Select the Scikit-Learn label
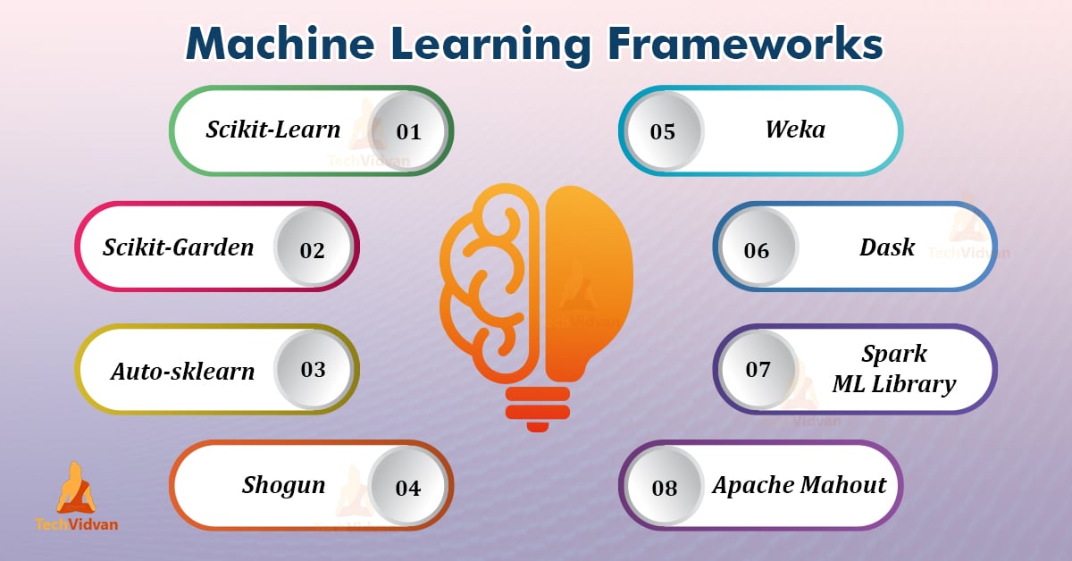(273, 130)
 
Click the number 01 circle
(408, 131)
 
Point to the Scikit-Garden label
(179, 247)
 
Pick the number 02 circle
(313, 249)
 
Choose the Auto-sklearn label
(183, 371)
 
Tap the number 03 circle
(314, 369)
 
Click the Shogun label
(284, 485)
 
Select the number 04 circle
(408, 488)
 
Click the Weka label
(795, 129)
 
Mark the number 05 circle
(663, 131)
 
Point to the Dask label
(887, 247)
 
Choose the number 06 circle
(757, 249)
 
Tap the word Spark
(894, 353)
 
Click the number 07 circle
(758, 369)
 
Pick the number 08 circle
(665, 488)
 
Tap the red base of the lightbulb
(537, 406)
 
